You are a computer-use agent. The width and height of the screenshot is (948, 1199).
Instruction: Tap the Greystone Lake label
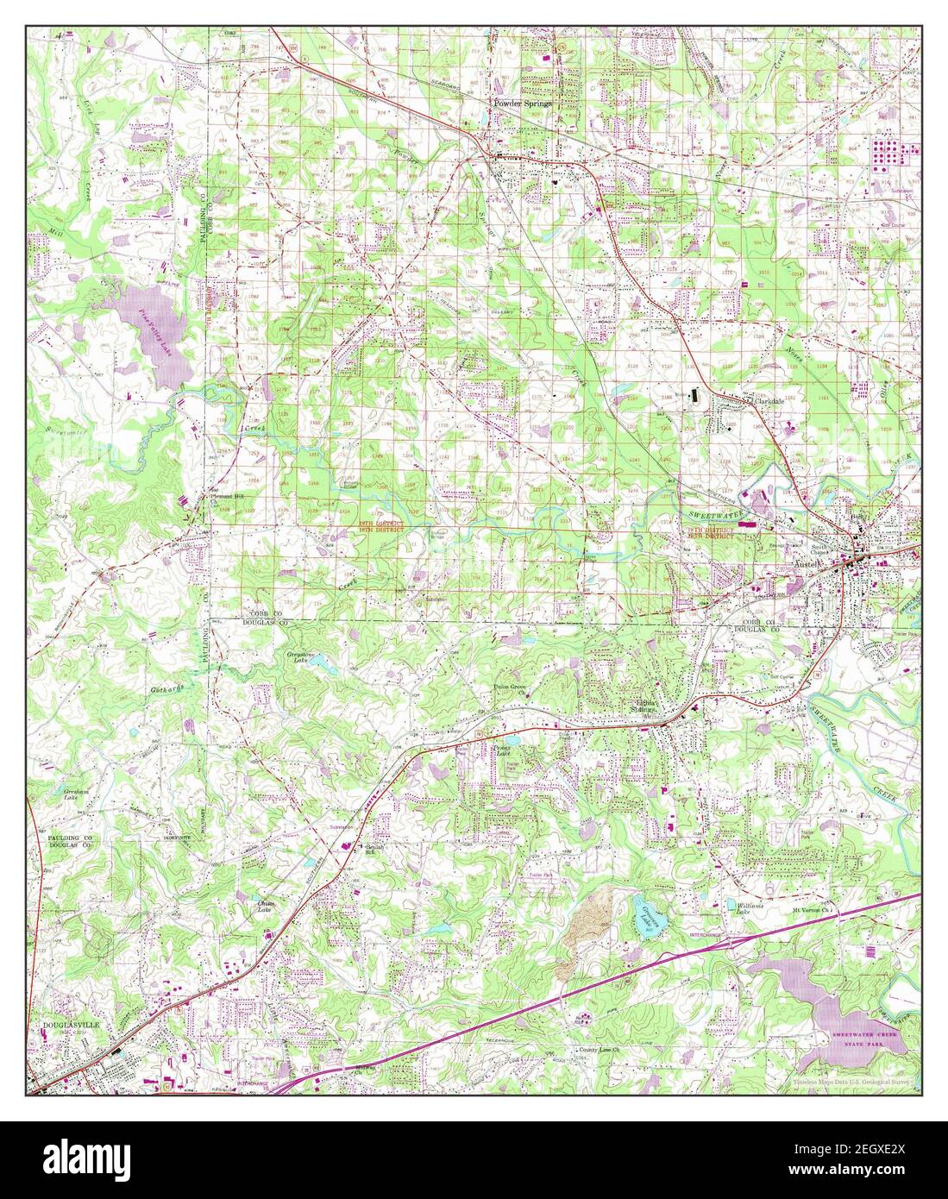(298, 660)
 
